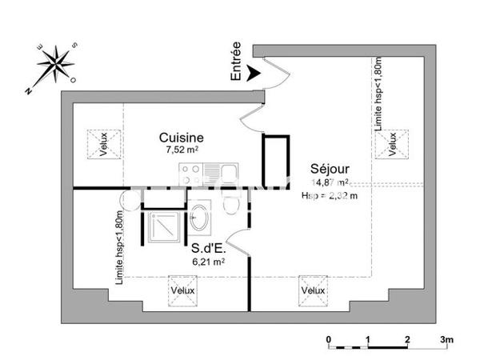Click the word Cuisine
tap(182, 138)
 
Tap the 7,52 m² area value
tap(182, 150)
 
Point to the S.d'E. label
tap(206, 247)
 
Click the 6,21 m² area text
tap(207, 261)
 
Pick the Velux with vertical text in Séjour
tap(392, 145)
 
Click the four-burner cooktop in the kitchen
tap(192, 173)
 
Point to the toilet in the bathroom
tap(232, 205)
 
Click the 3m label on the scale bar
tap(446, 339)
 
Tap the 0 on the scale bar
tap(329, 339)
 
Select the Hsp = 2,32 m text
tap(330, 195)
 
